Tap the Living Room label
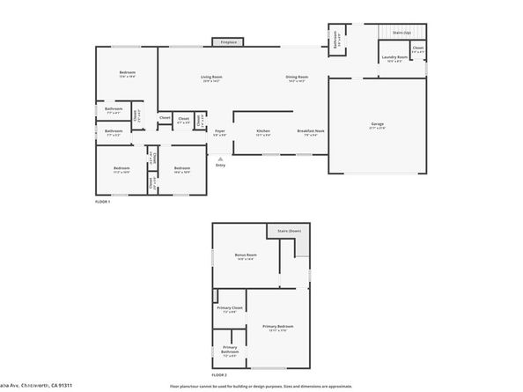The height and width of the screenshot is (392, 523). pos(211,78)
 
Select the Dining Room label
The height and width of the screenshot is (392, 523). pos(297,78)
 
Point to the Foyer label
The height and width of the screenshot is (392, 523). pos(219,131)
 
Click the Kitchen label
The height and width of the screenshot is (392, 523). pos(263,131)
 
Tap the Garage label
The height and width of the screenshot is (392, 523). pos(377,124)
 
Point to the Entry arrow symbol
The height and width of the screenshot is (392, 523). pos(220,159)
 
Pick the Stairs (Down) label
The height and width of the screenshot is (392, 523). pos(290,230)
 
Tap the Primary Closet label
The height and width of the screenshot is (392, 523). pos(230,307)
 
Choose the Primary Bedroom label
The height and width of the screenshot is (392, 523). pos(277,326)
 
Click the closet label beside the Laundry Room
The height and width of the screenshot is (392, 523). pos(417,48)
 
